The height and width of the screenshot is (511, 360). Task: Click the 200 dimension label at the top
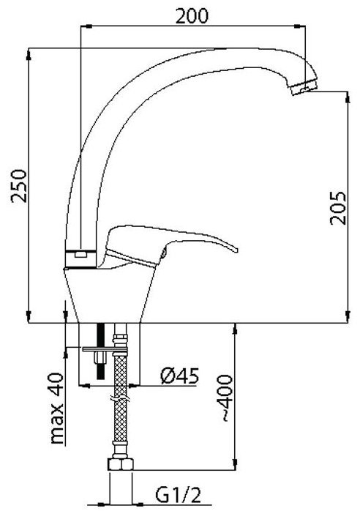192,15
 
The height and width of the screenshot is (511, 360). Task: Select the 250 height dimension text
19,186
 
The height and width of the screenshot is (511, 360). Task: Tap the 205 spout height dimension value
337,208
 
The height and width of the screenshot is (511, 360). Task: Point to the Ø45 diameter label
179,376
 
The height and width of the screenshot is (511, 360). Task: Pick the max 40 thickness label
56,409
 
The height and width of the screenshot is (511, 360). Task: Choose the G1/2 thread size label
178,496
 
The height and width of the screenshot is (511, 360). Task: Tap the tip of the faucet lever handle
235,249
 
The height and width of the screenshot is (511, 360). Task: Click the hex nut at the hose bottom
121,464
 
